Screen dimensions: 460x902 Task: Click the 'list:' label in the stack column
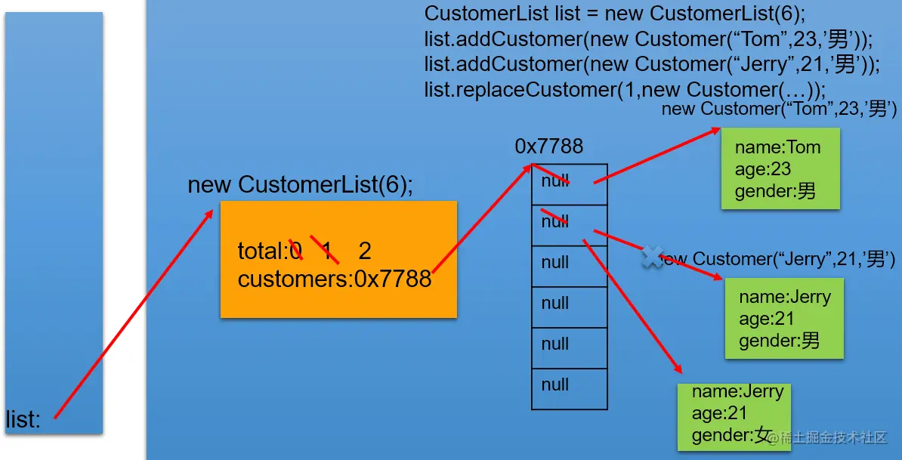coord(23,420)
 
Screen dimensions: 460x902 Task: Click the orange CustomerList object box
coord(338,259)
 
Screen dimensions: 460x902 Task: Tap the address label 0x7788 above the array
coord(549,147)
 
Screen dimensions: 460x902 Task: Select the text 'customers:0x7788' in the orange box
coord(335,279)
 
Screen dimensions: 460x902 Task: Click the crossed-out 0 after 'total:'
coord(295,251)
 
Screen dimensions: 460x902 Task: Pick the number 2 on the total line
coord(365,251)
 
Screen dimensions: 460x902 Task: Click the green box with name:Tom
coord(780,168)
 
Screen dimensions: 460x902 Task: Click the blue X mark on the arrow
coord(652,257)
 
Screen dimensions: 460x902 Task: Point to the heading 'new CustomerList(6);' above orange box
coord(301,185)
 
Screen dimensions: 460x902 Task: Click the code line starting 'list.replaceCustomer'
coord(625,90)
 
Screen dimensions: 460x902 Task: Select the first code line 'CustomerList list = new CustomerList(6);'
coord(616,14)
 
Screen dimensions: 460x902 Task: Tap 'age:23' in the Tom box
coord(763,169)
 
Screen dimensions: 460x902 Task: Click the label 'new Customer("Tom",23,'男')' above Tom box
coord(779,110)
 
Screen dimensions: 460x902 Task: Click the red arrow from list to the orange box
coord(133,314)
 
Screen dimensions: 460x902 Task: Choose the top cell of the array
coord(569,184)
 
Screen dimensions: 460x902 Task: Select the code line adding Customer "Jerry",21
coord(652,65)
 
